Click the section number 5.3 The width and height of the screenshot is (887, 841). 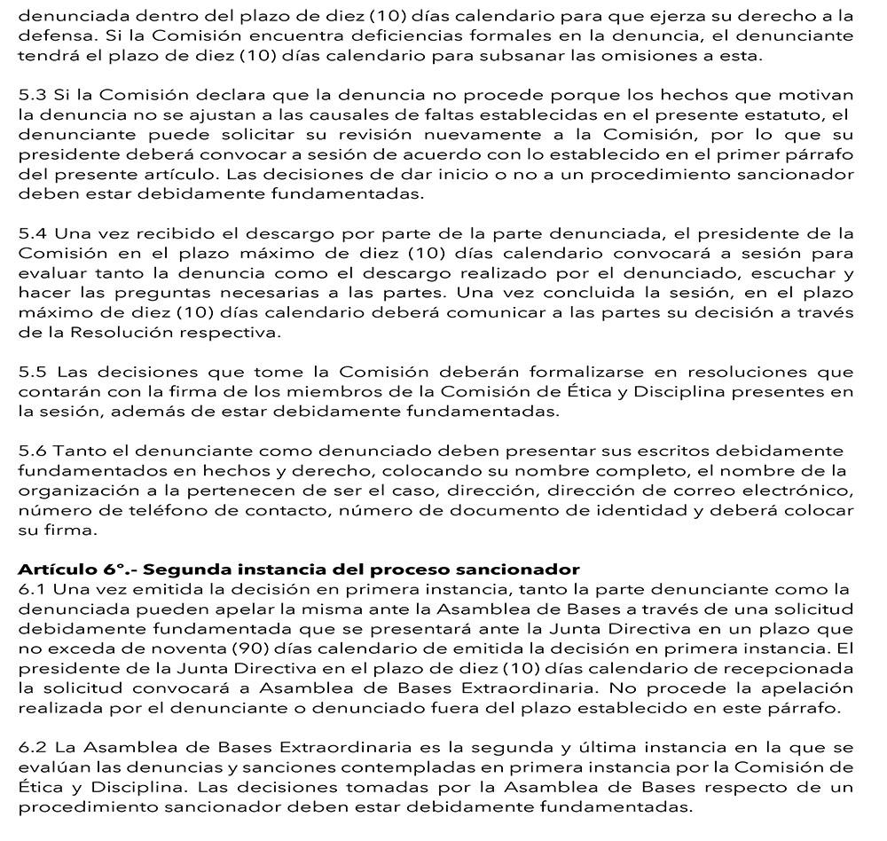[34, 95]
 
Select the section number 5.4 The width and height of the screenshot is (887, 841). [35, 234]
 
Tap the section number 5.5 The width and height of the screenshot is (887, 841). [34, 373]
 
